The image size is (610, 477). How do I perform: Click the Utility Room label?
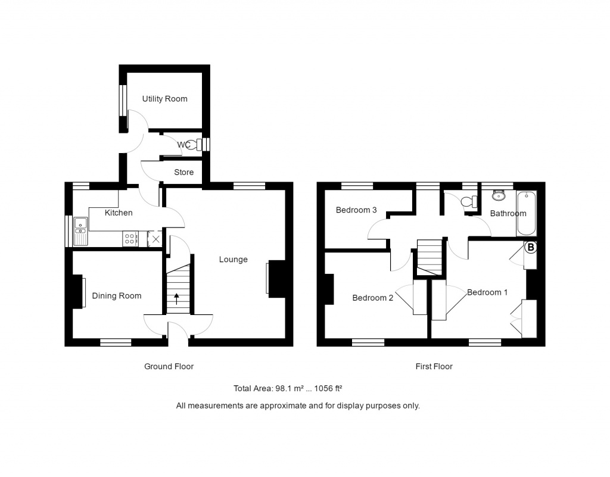[x=164, y=99]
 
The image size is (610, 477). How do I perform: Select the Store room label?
[x=183, y=173]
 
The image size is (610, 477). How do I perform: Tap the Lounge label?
[x=233, y=260]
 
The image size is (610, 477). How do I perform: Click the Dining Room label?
[x=117, y=296]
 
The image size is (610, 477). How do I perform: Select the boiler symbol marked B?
[x=530, y=247]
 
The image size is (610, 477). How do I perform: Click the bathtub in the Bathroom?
[x=527, y=213]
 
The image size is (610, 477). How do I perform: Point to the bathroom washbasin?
[x=499, y=195]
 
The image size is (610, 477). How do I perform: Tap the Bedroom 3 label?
[x=356, y=210]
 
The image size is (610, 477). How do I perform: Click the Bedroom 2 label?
[x=372, y=298]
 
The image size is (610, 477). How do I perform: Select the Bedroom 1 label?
[x=487, y=292]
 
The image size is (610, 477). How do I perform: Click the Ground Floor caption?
[x=169, y=367]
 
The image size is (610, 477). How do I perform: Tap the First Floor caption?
[x=434, y=367]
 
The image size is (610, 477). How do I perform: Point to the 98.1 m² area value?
[x=290, y=389]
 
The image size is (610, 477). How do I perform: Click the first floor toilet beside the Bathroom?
[x=474, y=201]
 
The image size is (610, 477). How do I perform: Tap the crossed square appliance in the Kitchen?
[x=155, y=239]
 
